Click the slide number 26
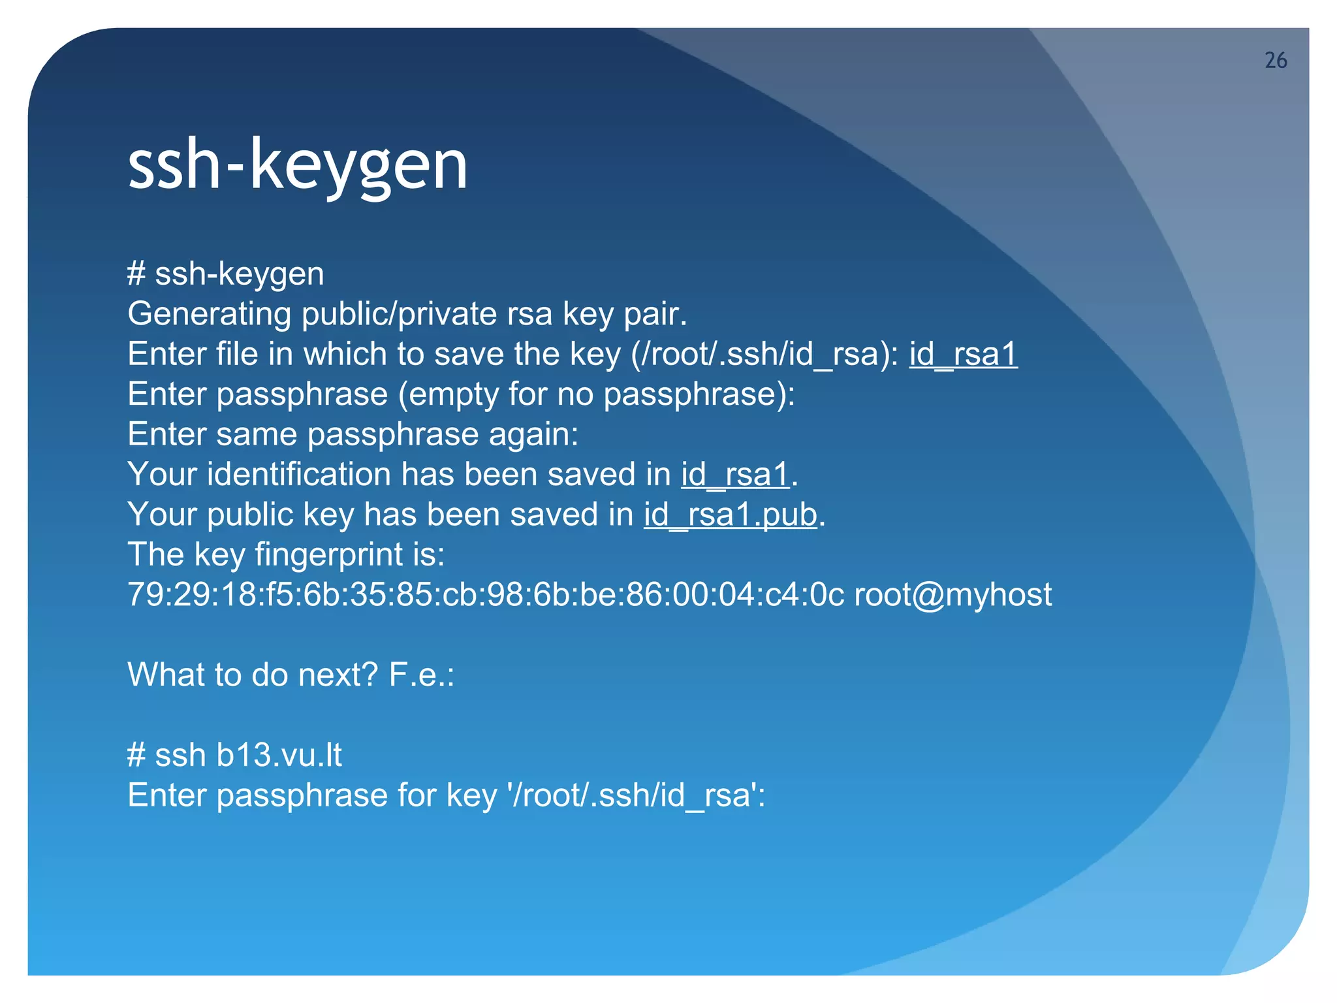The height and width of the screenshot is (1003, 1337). pos(1276,61)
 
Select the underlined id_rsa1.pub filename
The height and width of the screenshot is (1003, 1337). pos(731,515)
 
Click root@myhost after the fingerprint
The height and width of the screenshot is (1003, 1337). pos(953,595)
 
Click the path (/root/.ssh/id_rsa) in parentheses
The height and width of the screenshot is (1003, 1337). pos(764,355)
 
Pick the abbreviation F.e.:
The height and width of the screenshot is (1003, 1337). pos(421,675)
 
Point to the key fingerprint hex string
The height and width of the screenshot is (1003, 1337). pos(486,595)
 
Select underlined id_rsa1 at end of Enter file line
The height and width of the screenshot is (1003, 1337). pos(963,355)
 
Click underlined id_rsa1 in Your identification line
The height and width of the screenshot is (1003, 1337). pos(735,475)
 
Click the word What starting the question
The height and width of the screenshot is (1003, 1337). pos(167,675)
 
